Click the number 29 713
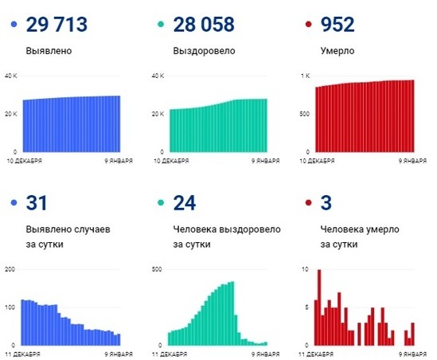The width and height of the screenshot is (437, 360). tap(59, 25)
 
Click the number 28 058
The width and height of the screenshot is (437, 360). tap(203, 25)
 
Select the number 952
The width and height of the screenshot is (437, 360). tap(338, 25)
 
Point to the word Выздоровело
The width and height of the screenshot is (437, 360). tap(201, 50)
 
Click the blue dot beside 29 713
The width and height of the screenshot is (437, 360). tap(14, 26)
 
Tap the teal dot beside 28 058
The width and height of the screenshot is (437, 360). tap(160, 26)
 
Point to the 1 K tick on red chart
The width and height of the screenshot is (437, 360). tap(305, 76)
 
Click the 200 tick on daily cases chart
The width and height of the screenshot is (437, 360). tap(10, 269)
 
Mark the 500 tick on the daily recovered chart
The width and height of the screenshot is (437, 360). tap(156, 269)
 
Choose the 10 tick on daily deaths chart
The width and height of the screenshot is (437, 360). tap(306, 269)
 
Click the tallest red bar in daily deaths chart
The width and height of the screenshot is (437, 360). tap(319, 307)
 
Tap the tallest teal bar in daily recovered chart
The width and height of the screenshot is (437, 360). tap(232, 313)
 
